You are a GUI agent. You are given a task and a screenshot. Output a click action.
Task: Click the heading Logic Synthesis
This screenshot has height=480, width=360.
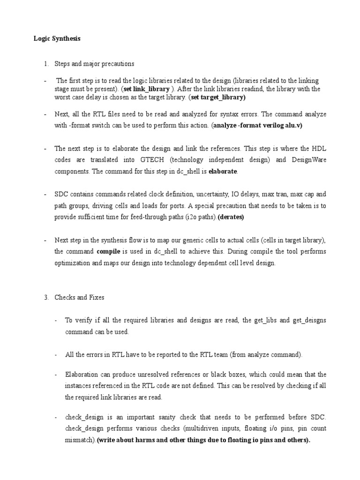coord(57,39)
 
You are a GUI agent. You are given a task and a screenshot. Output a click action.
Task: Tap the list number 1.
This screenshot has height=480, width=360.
coord(46,64)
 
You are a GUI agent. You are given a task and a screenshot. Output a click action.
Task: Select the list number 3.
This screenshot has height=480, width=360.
coord(46,297)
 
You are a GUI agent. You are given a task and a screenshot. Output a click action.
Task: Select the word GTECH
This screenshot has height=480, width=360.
coord(156,160)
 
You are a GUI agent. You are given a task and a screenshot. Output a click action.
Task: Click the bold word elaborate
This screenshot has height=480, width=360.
coord(223,172)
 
